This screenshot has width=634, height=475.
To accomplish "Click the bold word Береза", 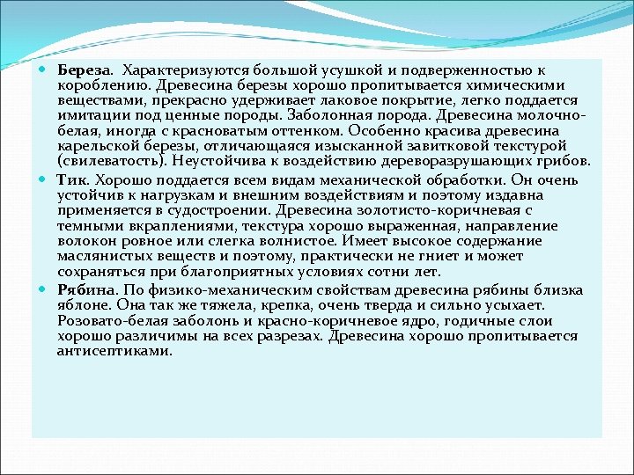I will pos(84,69).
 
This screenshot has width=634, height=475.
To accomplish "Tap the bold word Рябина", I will pos(86,290).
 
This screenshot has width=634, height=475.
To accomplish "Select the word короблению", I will pos(105,85).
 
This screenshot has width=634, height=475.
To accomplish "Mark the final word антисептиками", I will pos(115,351).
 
